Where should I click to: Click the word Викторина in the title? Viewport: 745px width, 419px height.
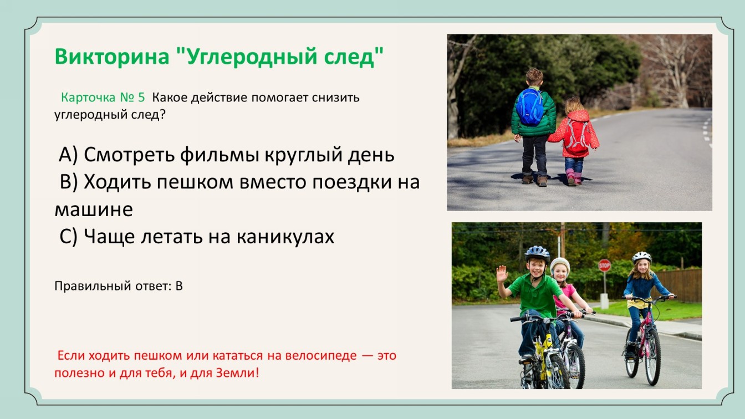[x=112, y=56]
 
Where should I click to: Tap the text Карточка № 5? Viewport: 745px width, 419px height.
[x=103, y=98]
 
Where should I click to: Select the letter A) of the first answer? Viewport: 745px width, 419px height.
[x=68, y=155]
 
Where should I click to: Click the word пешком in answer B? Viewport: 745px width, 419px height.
[x=195, y=182]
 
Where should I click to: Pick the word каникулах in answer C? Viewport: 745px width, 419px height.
[x=285, y=237]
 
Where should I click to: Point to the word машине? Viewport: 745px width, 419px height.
[x=94, y=210]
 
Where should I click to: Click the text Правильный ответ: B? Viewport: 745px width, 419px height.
[x=119, y=286]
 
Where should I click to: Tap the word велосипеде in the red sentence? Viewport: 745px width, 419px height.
[x=321, y=355]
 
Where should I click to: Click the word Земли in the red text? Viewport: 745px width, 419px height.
[x=235, y=373]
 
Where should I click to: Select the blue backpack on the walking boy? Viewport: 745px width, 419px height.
[x=530, y=106]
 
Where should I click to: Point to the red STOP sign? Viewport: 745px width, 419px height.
[x=604, y=265]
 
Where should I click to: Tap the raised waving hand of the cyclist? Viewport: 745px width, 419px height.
[x=502, y=274]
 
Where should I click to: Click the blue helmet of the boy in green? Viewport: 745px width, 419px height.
[x=537, y=253]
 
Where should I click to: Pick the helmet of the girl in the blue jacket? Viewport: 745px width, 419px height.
[x=641, y=257]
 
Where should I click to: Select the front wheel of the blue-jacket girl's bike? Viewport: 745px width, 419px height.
[x=652, y=356]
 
